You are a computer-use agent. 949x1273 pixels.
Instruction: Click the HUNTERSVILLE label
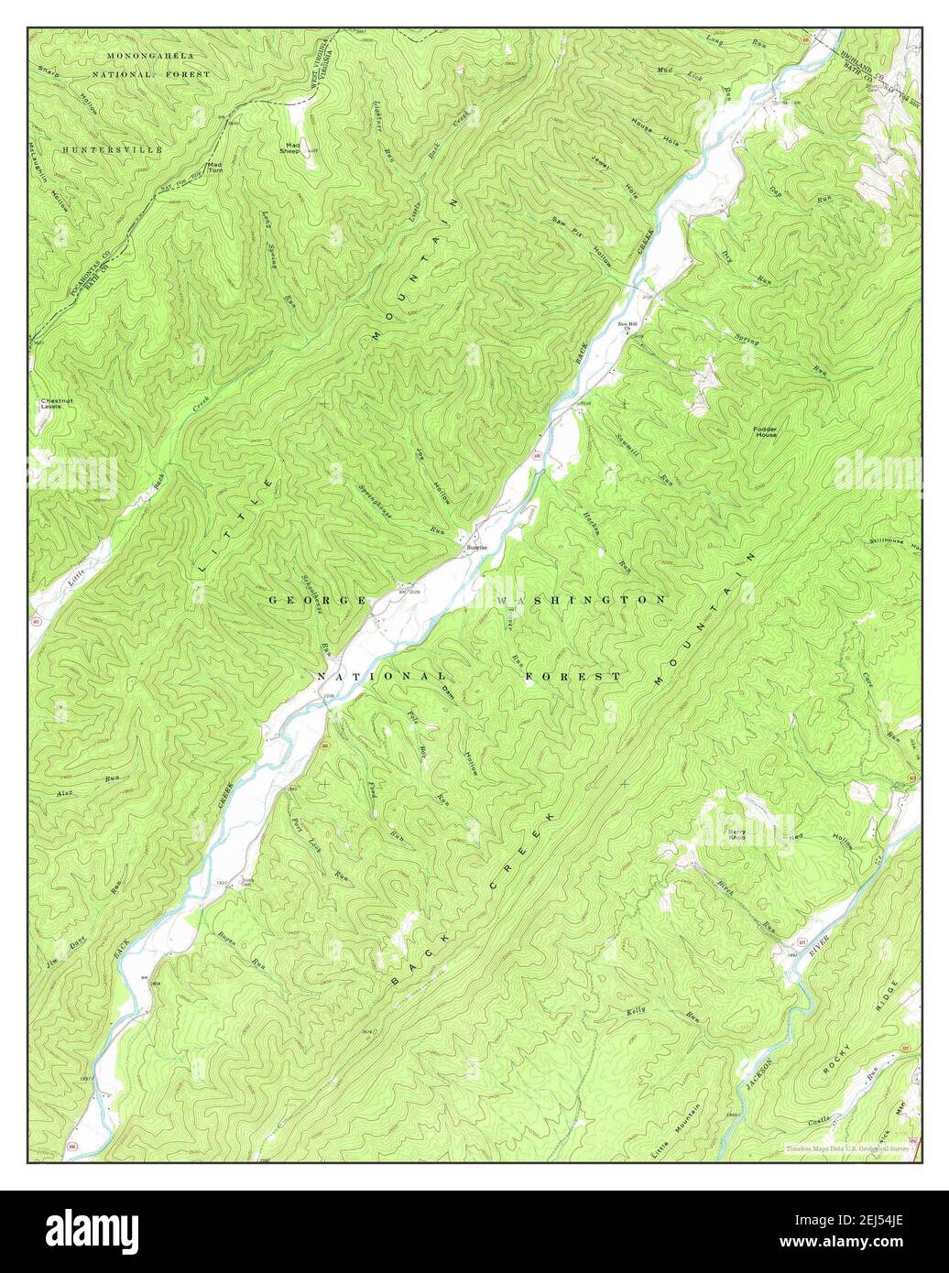click(113, 148)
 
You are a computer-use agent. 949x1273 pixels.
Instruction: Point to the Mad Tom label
click(214, 168)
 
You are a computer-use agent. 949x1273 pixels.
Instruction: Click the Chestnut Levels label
click(51, 403)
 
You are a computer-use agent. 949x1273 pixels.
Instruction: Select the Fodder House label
click(765, 430)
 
